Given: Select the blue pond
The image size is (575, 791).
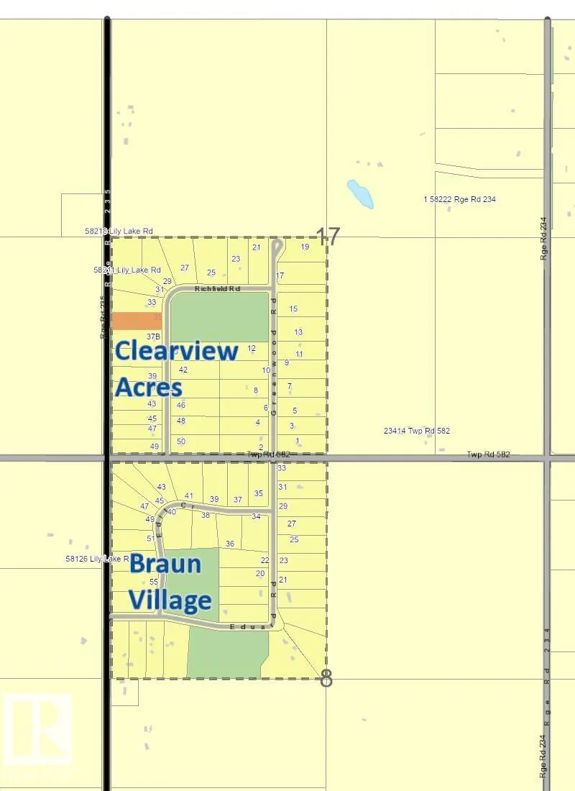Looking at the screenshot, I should click(360, 193).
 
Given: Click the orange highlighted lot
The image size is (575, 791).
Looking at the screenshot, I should click(137, 321).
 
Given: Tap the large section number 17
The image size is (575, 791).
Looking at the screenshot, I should click(328, 237).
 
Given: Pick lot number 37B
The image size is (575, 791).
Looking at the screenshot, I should click(152, 336).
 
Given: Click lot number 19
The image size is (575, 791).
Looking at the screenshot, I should click(305, 247).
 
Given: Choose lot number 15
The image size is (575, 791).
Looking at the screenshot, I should click(293, 308).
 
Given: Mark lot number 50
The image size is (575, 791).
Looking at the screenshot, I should click(181, 441).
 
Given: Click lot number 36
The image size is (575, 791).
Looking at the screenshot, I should click(230, 544).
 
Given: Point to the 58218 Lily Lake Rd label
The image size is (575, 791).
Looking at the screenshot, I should click(119, 231).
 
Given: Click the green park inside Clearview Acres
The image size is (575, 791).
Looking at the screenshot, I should click(218, 316).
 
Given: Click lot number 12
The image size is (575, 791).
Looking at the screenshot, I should click(252, 348).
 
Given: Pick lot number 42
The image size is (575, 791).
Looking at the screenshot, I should click(183, 370).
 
